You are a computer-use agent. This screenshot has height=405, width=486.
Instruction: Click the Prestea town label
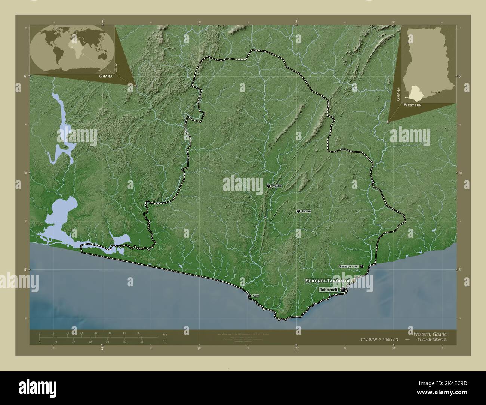coord(277,186)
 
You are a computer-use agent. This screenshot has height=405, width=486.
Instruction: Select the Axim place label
coord(256,296)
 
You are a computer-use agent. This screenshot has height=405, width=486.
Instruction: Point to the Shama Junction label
coord(348,266)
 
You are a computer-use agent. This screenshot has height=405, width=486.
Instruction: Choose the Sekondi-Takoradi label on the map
coord(327,281)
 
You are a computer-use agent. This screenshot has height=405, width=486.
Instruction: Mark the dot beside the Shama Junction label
coord(362,266)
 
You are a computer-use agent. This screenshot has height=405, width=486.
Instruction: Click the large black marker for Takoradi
coord(343,290)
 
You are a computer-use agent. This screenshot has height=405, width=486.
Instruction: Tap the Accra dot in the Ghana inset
coord(439,92)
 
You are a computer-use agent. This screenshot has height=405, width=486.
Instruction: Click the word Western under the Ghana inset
coord(412,106)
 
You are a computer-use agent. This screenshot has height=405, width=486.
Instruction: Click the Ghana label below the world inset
coord(106,75)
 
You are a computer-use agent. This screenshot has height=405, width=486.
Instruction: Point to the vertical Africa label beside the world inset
coord(117,67)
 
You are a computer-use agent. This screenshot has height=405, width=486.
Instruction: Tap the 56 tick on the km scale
coord(138,333)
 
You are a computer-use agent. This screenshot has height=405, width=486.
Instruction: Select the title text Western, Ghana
coord(430,334)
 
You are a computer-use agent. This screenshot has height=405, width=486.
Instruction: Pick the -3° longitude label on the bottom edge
coord(102,349)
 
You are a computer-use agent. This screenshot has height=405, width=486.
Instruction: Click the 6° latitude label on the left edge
coord(25,76)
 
